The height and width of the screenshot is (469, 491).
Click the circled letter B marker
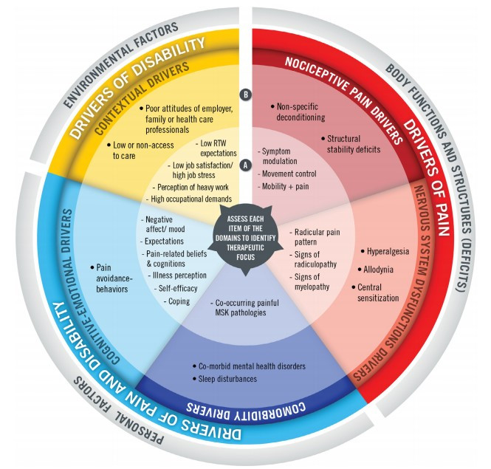tap(246, 95)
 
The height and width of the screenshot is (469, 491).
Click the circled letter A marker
tap(246, 167)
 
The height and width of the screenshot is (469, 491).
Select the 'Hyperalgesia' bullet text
tap(386, 251)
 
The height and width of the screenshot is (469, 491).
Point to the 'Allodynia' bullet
tap(381, 269)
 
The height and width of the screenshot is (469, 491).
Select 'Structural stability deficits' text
tap(351, 144)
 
